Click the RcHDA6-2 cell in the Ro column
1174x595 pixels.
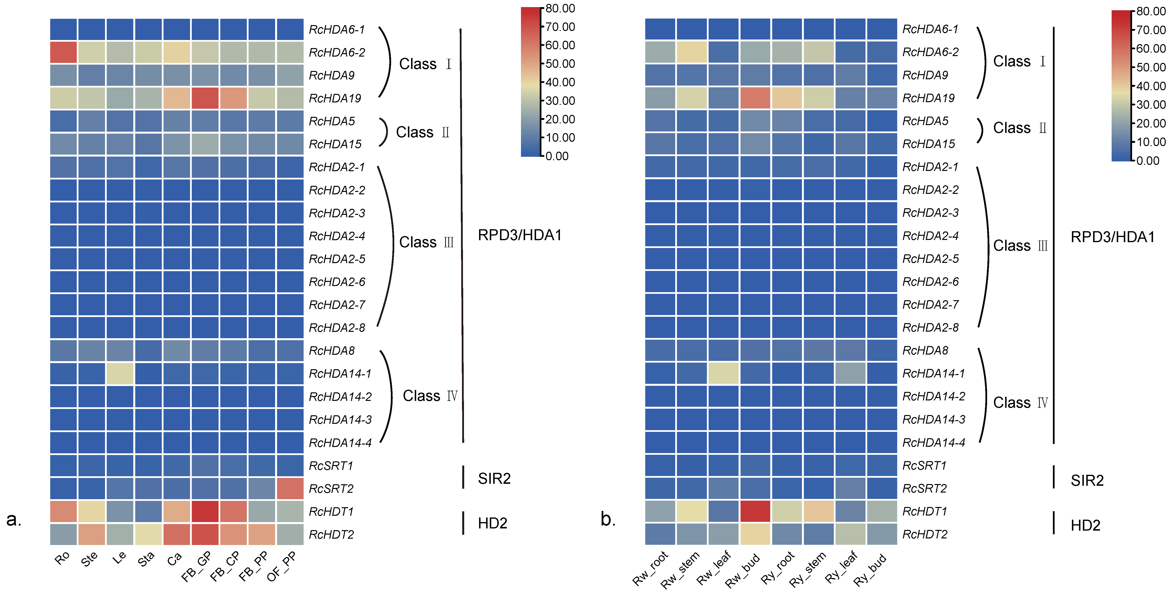pyautogui.click(x=63, y=52)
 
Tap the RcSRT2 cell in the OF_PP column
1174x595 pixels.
pyautogui.click(x=290, y=488)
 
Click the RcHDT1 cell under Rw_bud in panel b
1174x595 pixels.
pyautogui.click(x=755, y=511)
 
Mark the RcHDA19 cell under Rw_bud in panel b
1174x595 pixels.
pyautogui.click(x=755, y=98)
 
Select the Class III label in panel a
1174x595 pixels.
pyautogui.click(x=426, y=242)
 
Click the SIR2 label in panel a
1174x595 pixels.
pyautogui.click(x=494, y=478)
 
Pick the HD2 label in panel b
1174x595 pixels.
pyautogui.click(x=1085, y=525)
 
